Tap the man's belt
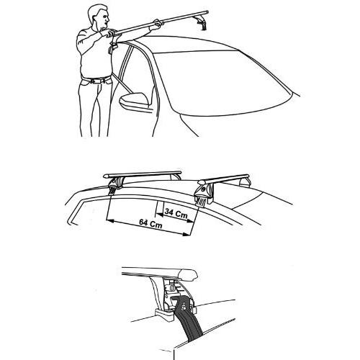(x=94, y=78)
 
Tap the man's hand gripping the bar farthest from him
(x=153, y=27)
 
